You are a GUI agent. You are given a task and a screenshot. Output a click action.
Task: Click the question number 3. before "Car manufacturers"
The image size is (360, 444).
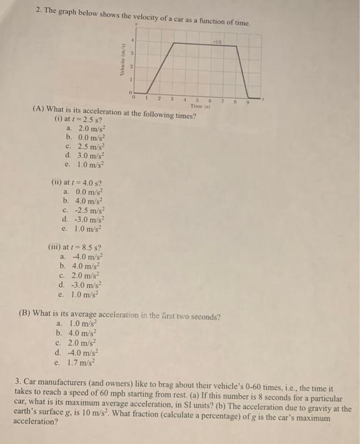(x=18, y=382)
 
